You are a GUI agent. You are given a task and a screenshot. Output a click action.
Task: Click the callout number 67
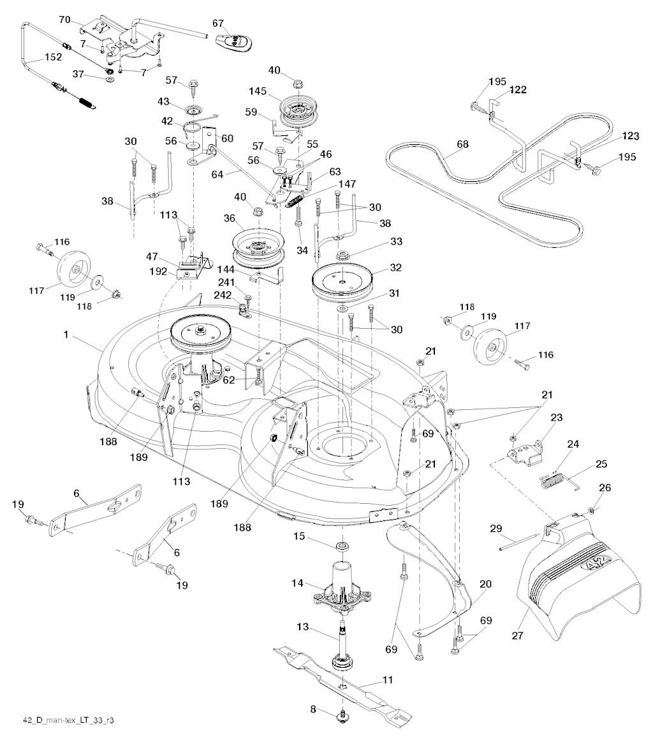(219, 23)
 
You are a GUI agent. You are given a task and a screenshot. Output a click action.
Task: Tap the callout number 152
(53, 57)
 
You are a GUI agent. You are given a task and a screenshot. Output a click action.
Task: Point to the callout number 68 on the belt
(462, 144)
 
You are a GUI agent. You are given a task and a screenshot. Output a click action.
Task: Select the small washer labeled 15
(342, 547)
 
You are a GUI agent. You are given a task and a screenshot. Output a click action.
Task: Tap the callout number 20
(485, 583)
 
